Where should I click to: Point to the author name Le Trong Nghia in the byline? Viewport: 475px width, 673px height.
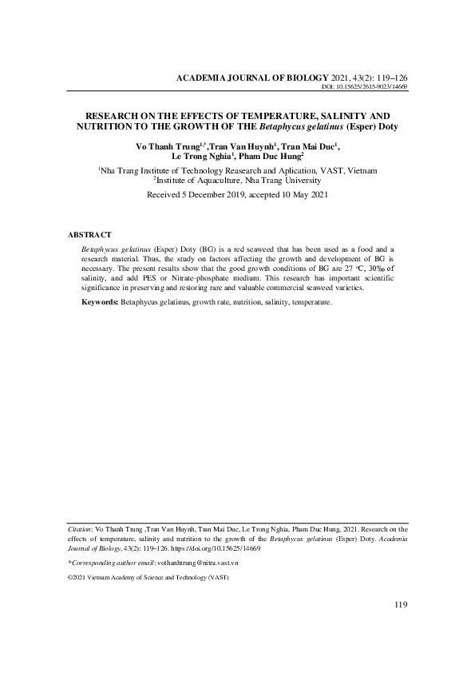(x=199, y=158)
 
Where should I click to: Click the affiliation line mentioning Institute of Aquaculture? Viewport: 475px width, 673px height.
(x=238, y=181)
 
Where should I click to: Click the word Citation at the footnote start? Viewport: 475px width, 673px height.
(x=80, y=529)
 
